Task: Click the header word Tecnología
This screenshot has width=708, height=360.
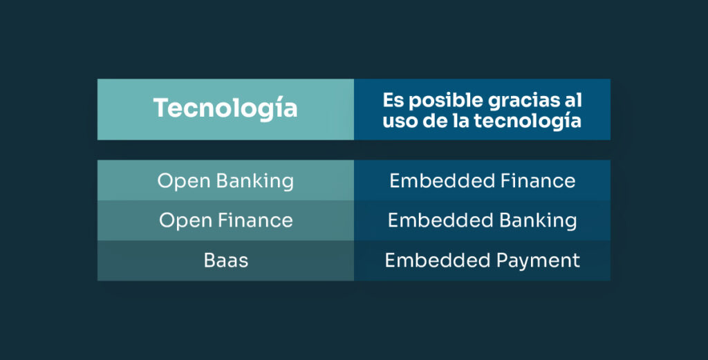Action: pyautogui.click(x=225, y=108)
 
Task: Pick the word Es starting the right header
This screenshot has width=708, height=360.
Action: pyautogui.click(x=393, y=101)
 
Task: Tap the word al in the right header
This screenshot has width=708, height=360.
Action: pyautogui.click(x=572, y=101)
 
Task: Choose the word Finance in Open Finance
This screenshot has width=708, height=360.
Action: pyautogui.click(x=256, y=220)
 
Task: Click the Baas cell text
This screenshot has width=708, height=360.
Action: pyautogui.click(x=225, y=260)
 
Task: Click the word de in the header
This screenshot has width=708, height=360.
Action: pyautogui.click(x=430, y=121)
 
